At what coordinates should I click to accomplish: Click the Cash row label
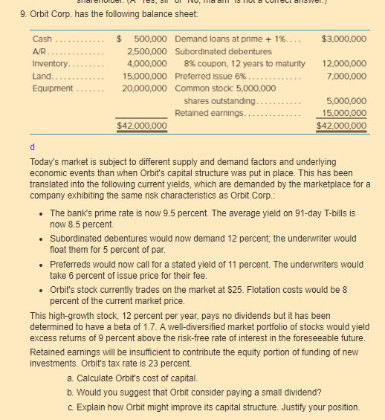[x=42, y=39]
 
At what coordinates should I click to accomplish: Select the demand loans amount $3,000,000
[x=344, y=39]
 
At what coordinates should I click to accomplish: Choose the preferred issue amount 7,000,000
[x=346, y=76]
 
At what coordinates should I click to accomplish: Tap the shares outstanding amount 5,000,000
[x=346, y=100]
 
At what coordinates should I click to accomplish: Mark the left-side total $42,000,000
[x=142, y=126]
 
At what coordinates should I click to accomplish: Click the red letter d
[x=33, y=147]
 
